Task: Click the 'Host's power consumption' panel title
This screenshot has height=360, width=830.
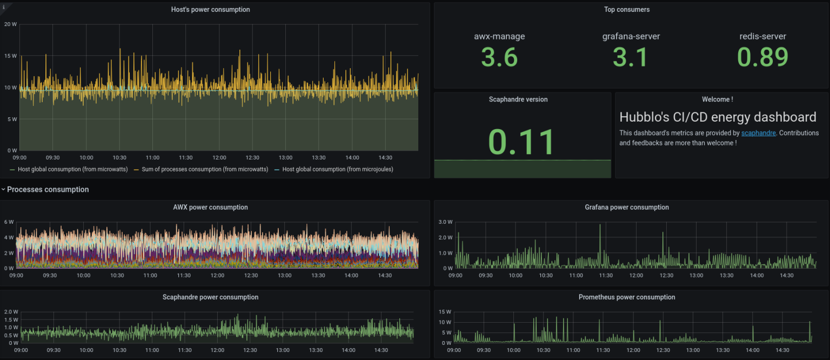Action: coord(210,10)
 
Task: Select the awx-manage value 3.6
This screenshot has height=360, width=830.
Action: coord(499,57)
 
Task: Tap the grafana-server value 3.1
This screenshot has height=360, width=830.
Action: coord(631,57)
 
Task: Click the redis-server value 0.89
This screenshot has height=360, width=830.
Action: coord(762,57)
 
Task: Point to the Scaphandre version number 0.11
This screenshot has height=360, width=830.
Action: coord(521,142)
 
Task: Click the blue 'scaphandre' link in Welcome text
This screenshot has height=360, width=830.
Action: coord(758,133)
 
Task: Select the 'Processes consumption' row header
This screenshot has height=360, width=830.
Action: coord(48,190)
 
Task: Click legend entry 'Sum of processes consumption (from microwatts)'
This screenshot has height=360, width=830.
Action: coord(204,169)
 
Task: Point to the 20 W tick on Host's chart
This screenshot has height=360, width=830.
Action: coord(10,24)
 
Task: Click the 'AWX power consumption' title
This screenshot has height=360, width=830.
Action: coord(210,208)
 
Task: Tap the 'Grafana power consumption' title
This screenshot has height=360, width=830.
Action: coord(626,208)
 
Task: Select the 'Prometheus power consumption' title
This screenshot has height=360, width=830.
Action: coord(626,297)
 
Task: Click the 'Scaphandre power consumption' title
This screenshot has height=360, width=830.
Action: coord(210,297)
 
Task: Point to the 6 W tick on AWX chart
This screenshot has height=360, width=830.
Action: coord(9,222)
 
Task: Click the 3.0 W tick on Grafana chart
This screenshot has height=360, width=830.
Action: coord(445,222)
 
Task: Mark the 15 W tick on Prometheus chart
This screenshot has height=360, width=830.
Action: coord(445,312)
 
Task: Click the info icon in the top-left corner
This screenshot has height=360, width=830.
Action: coord(4,7)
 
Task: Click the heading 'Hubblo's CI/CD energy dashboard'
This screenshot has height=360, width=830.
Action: coord(718,117)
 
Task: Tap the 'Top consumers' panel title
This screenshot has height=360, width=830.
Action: coord(626,10)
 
